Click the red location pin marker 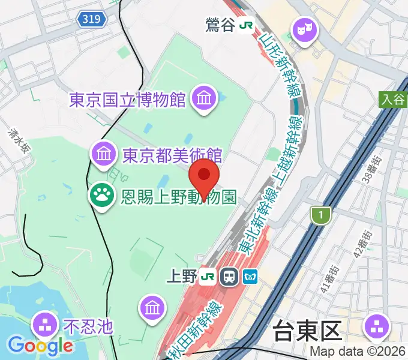click(204, 175)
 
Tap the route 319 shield click(91, 20)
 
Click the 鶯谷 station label click(220, 25)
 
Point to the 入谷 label click(392, 100)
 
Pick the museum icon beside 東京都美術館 click(103, 154)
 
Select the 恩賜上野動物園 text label click(178, 197)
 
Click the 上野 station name click(181, 277)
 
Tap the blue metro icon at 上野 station click(250, 277)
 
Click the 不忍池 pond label click(88, 326)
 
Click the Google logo click(40, 345)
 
